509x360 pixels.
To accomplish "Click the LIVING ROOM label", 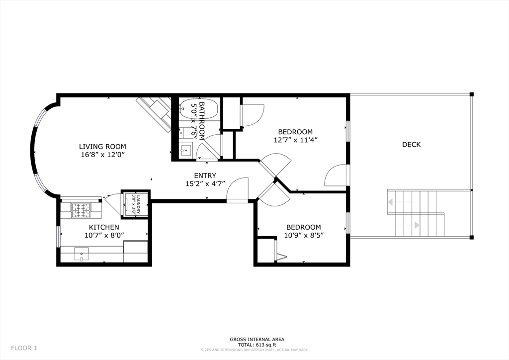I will tap(102, 147).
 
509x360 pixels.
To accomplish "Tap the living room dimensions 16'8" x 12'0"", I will tap(102, 155).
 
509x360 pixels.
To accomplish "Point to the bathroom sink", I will tap(186, 150).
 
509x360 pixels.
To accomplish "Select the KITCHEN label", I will tap(104, 227).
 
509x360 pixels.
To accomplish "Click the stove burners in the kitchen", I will tap(80, 210).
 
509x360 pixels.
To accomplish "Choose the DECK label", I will tap(411, 145).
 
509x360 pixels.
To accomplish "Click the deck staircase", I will tap(415, 213).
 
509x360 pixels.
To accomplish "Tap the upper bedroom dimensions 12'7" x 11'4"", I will tap(295, 140).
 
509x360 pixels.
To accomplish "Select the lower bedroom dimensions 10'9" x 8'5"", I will tap(303, 235).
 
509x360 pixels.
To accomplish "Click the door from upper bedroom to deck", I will tap(337, 175).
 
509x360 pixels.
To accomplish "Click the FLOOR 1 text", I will tap(24, 348).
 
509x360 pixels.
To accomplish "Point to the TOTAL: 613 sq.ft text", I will tap(254, 345).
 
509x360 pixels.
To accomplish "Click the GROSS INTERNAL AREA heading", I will tap(254, 339).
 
